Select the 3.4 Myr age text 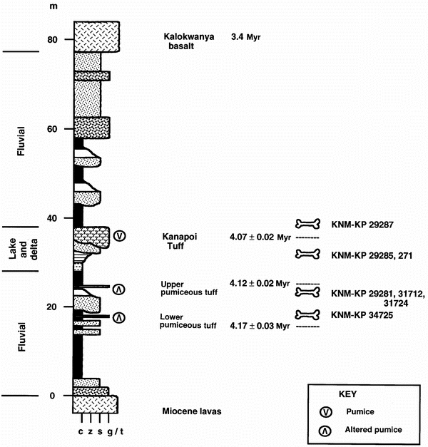tap(247, 35)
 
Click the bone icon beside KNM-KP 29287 tap(309, 224)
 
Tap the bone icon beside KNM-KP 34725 tap(309, 314)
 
